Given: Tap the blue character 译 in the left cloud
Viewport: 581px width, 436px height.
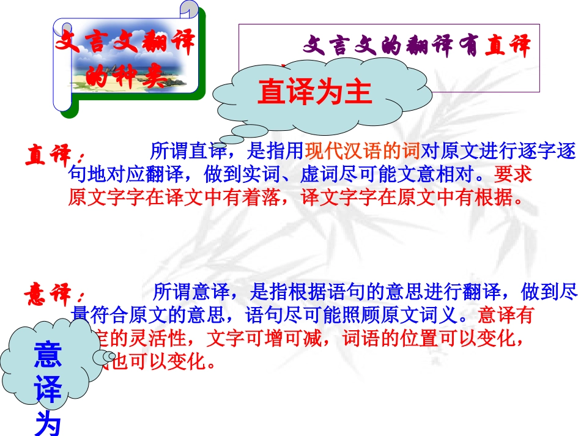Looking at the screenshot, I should coord(48,390).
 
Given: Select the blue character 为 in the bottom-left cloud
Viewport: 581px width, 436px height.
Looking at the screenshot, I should coord(48,423).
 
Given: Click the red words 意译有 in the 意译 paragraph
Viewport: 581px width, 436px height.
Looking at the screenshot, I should coord(505,316).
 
